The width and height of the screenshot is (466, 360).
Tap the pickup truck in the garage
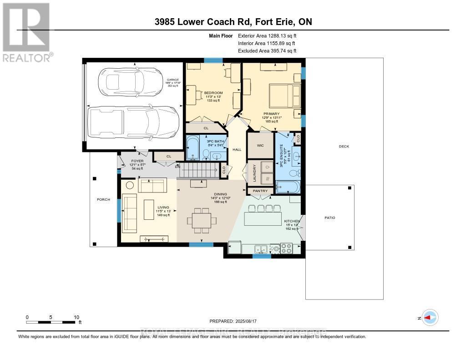click(x=133, y=122)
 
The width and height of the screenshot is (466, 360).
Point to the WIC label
click(x=260, y=146)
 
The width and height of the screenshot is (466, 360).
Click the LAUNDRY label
click(x=248, y=173)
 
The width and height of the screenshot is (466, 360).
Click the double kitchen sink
click(x=261, y=249)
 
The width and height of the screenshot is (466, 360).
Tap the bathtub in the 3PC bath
click(x=192, y=149)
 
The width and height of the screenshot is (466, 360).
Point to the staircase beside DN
click(x=197, y=171)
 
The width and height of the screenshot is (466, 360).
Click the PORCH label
click(x=104, y=199)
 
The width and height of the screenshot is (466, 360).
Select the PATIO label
click(x=329, y=218)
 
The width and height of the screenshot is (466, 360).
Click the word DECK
click(x=344, y=146)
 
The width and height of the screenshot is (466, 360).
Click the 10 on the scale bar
click(x=76, y=317)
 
